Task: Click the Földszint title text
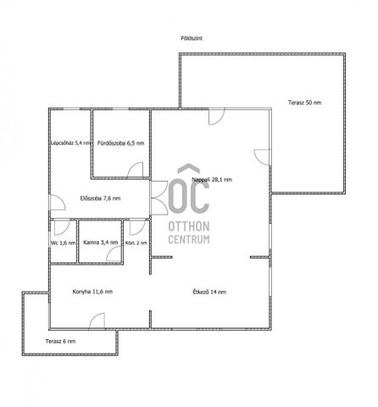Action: [192, 38]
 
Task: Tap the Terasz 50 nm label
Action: [304, 103]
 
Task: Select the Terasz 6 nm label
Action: [60, 342]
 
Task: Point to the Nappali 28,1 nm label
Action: [212, 180]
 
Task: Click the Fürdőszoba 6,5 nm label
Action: [120, 143]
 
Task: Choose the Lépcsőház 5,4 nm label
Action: [71, 143]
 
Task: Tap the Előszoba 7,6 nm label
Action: [100, 198]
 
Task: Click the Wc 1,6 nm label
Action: [64, 243]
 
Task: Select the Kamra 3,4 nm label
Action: [101, 243]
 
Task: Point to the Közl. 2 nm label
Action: [136, 243]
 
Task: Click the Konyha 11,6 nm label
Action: [92, 292]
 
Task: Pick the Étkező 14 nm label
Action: [209, 292]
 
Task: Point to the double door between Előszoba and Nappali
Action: [159, 198]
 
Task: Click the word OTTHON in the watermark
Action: [189, 226]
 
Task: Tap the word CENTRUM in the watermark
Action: [189, 239]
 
